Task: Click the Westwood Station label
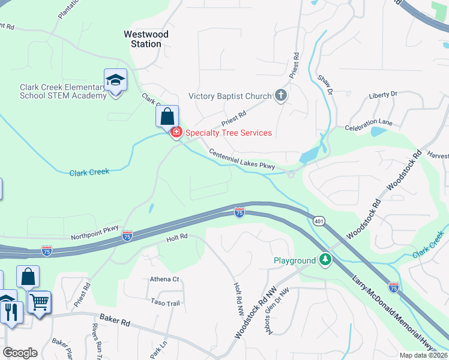click(x=146, y=39)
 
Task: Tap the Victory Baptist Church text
click(x=230, y=96)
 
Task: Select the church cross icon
click(x=280, y=95)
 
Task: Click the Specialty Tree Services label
click(x=229, y=133)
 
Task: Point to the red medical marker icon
click(x=176, y=132)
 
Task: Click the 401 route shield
click(x=318, y=221)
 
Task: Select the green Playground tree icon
click(x=325, y=260)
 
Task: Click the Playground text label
click(x=294, y=260)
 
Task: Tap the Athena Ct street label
click(x=164, y=279)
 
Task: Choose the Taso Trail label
click(x=165, y=303)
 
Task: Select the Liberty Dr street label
click(x=383, y=95)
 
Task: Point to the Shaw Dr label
click(x=325, y=85)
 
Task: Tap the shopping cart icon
click(x=39, y=302)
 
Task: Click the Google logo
click(x=20, y=353)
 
